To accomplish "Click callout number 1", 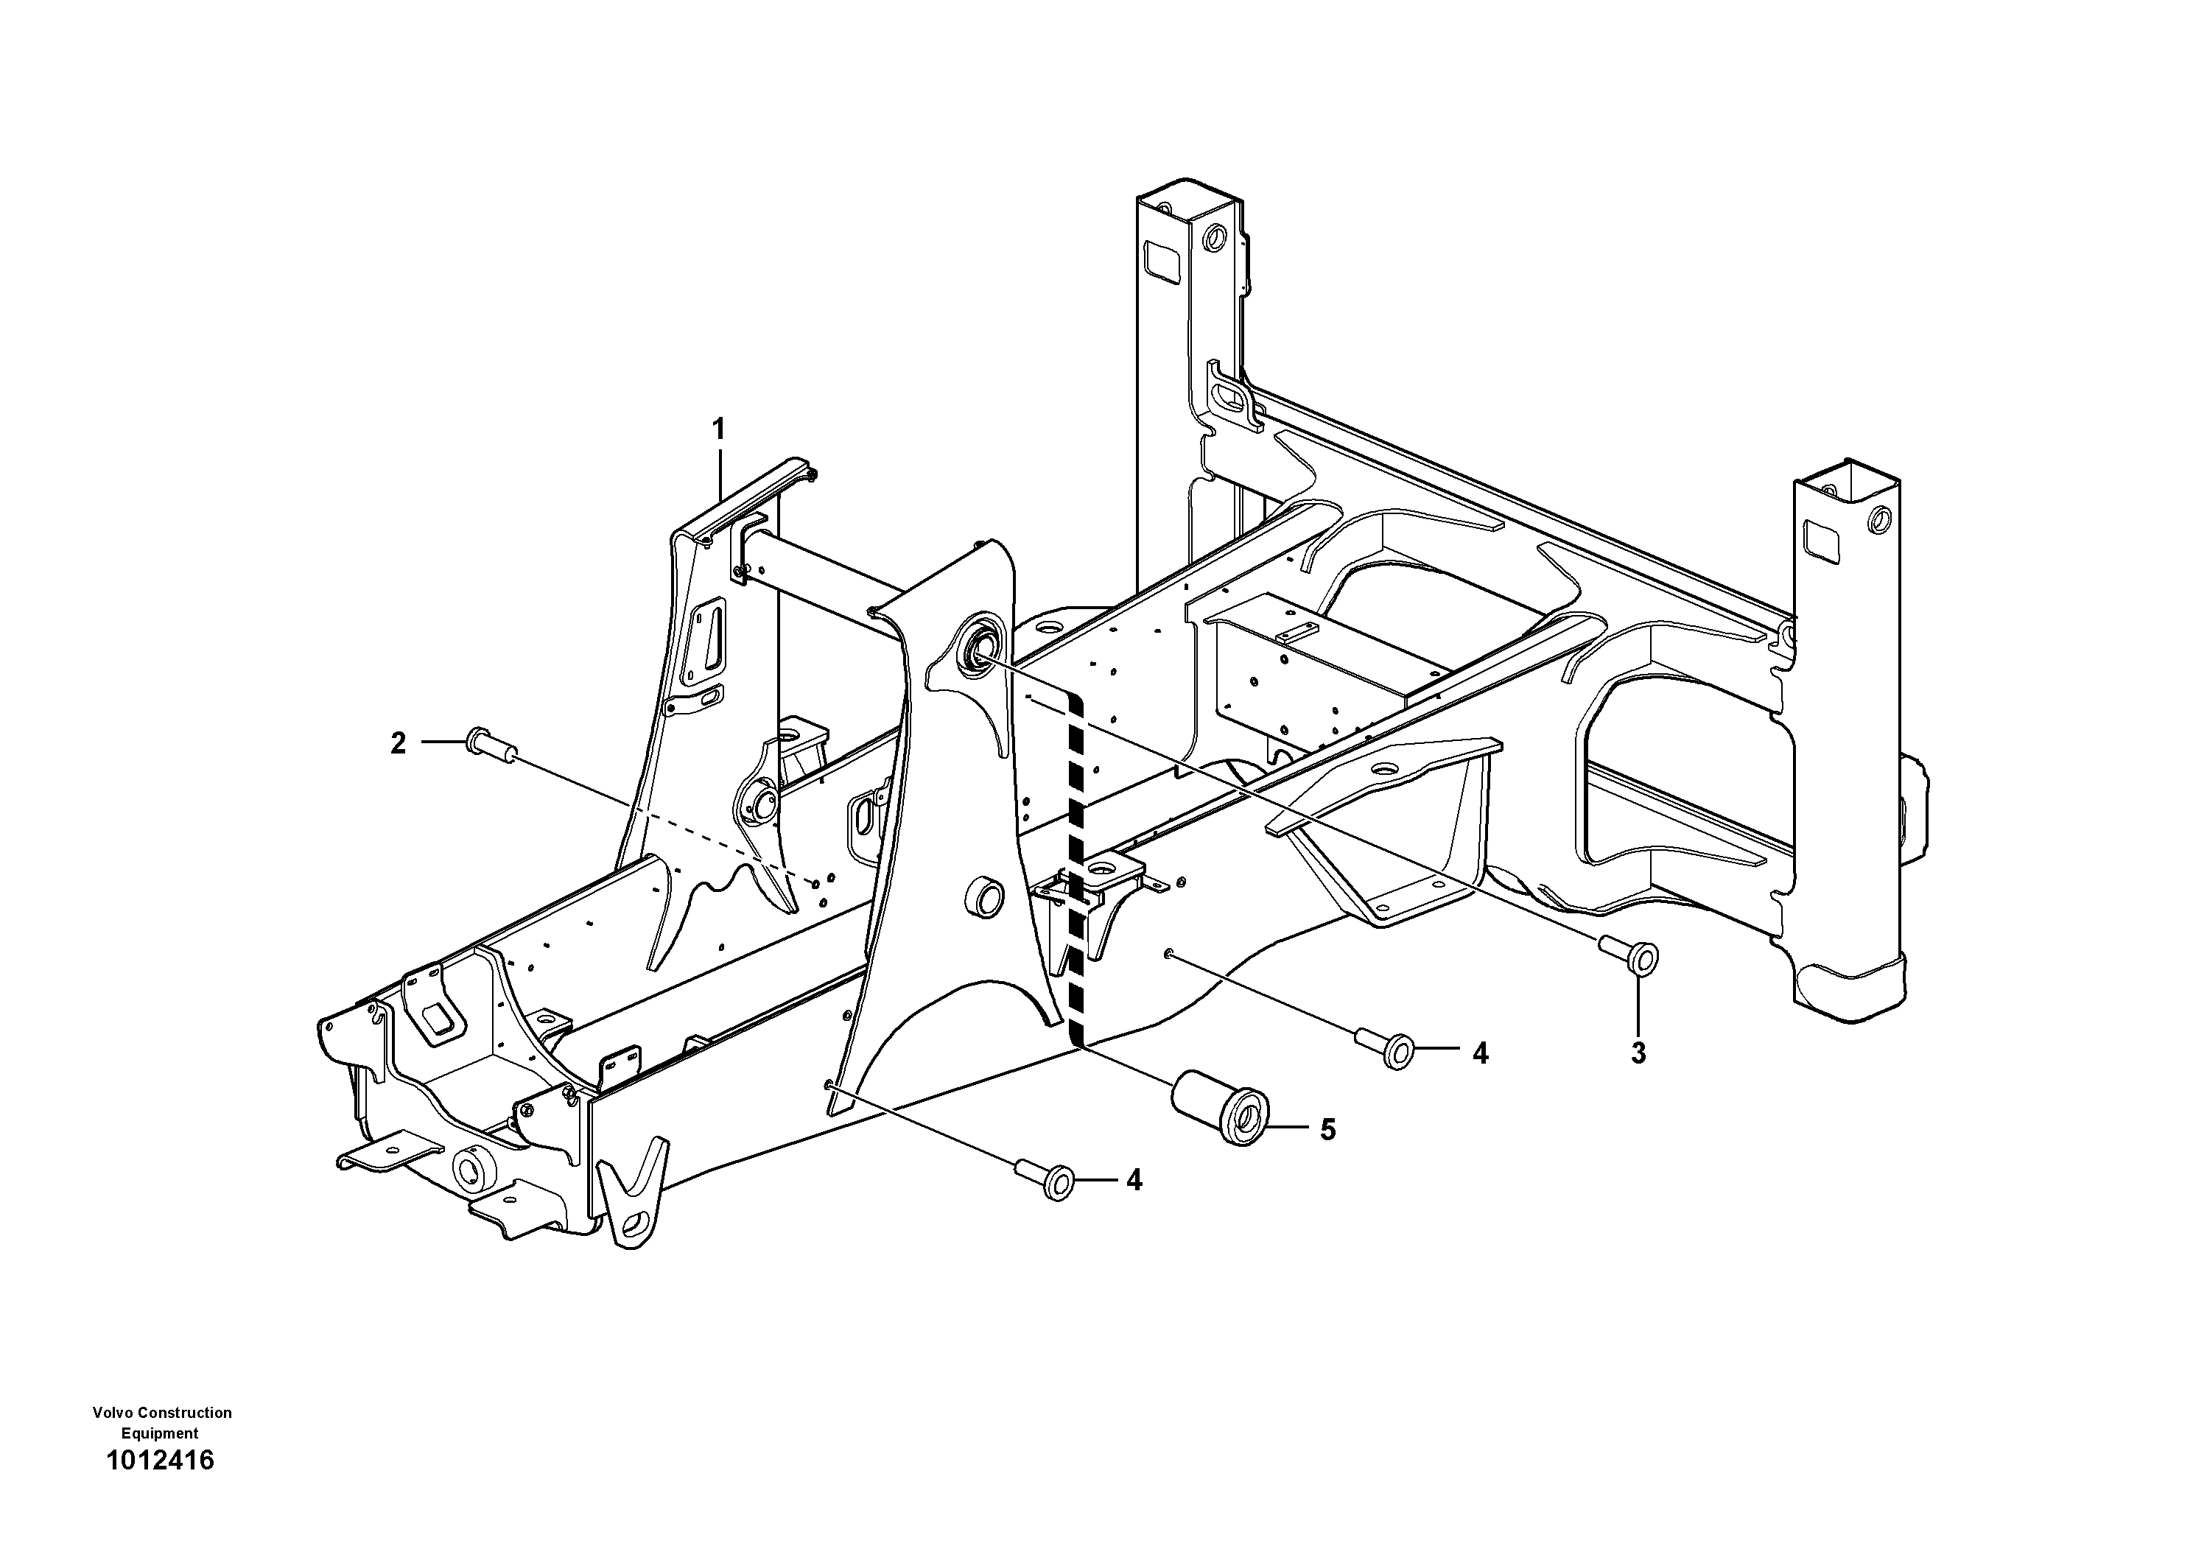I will [x=718, y=429].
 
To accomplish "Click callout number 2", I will [x=399, y=743].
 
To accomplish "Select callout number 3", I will [x=1638, y=1053].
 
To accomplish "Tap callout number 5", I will [x=1327, y=1130].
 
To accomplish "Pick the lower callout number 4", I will [x=1134, y=1181].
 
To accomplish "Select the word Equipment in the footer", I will [x=160, y=1433].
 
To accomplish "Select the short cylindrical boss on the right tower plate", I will [x=986, y=898].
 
